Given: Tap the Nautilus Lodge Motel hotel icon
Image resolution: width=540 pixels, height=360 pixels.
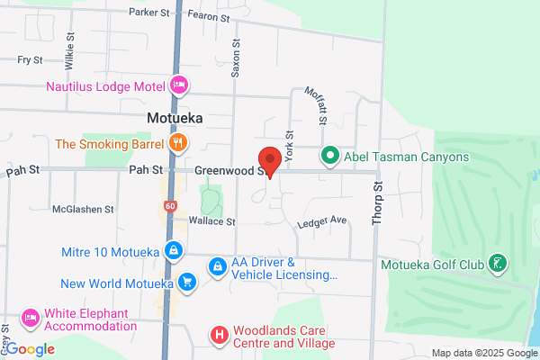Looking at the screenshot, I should (x=179, y=85).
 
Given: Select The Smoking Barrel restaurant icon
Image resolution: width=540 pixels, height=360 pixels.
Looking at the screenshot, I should (x=179, y=142).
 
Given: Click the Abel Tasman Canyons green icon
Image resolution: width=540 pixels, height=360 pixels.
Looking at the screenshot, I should (x=329, y=157).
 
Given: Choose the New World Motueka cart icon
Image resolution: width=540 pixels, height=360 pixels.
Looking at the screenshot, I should (x=186, y=283).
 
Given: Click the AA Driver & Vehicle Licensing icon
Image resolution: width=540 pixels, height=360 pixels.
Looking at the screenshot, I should (x=217, y=267).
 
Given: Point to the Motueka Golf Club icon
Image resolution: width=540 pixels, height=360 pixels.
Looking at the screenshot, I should (x=497, y=265).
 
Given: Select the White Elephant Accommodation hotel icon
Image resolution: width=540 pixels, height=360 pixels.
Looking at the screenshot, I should (x=30, y=319).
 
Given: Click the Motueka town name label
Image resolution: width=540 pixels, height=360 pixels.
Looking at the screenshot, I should (x=175, y=118).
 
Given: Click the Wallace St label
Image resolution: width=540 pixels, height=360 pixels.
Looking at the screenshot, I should (x=211, y=220).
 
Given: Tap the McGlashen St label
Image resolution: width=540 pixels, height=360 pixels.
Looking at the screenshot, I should (x=83, y=208).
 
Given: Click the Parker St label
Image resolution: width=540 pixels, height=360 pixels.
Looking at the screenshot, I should (x=149, y=13).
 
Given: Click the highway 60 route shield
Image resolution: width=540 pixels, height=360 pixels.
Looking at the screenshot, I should (x=170, y=206).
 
